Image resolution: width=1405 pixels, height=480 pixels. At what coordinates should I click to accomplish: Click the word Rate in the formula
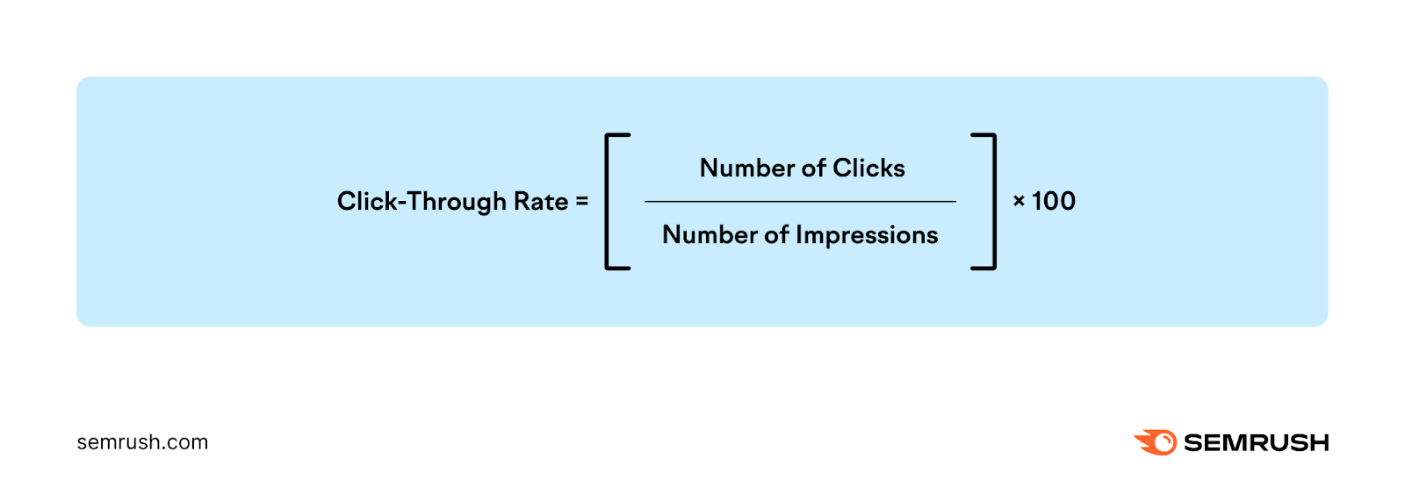point(541,202)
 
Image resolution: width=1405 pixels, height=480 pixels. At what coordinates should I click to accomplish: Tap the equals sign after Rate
point(581,202)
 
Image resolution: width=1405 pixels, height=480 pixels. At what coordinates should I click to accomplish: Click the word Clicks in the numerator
point(868,168)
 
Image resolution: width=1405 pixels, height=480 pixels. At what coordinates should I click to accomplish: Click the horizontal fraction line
point(800,202)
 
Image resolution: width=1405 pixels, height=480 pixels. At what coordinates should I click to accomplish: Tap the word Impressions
point(867,235)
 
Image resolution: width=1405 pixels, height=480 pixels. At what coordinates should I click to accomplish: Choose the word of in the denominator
point(776,235)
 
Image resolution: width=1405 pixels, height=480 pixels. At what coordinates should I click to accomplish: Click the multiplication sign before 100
point(1019,202)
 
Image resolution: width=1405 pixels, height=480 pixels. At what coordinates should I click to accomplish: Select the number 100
point(1054,202)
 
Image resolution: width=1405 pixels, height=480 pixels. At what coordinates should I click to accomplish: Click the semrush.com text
point(142,442)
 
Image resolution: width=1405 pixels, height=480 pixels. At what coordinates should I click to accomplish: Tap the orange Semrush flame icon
point(1156,442)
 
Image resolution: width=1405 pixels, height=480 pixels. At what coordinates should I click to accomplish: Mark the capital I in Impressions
point(799,235)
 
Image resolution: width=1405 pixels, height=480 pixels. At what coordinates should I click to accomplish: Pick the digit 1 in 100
point(1037,202)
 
